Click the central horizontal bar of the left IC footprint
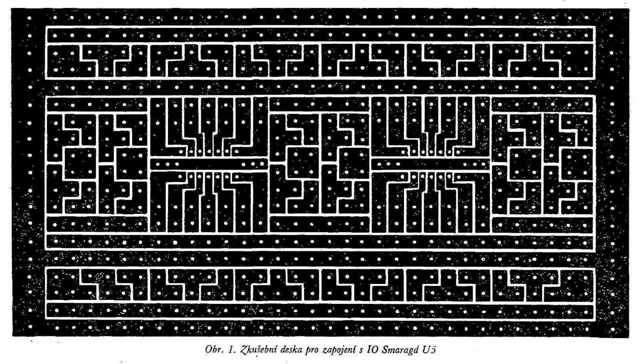point(209,164)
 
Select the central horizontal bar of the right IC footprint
point(431,164)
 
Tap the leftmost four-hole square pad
point(80,164)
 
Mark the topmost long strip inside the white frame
point(320,35)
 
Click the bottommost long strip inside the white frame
point(320,310)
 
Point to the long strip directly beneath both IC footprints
point(320,241)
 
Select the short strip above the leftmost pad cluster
point(97,105)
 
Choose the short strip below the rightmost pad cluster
point(542,224)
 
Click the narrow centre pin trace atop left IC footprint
point(209,120)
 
